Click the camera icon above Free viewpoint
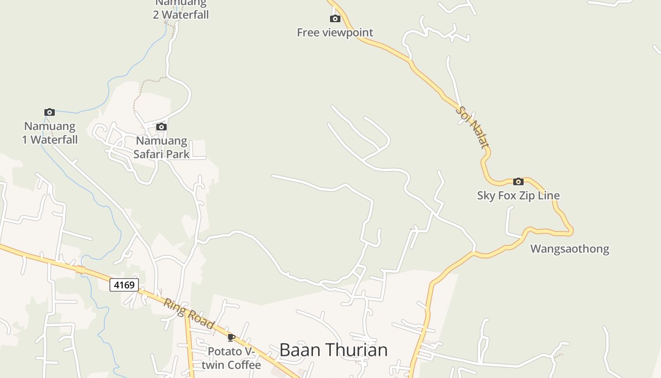pos(335,19)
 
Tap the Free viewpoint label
pos(335,33)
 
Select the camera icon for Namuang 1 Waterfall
pos(50,112)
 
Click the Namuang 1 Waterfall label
pos(50,133)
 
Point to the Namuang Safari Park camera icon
pos(161,127)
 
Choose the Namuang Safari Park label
pos(161,147)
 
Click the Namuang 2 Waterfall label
pos(181,9)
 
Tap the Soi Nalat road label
pos(473,127)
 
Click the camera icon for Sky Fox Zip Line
pos(518,181)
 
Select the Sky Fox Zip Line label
pos(518,196)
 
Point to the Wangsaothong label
pos(569,249)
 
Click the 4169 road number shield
pos(124,285)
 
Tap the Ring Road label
pos(189,312)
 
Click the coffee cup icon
pos(231,337)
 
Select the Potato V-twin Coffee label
pos(231,358)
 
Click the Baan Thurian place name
pos(333,350)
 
